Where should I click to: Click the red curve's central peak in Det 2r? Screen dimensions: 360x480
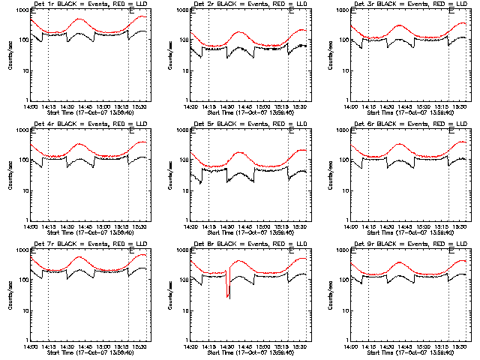238,32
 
